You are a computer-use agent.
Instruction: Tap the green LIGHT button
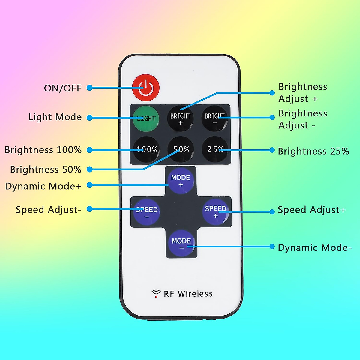(146, 118)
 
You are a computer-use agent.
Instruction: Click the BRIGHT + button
(180, 118)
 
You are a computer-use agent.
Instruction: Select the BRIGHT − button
(214, 118)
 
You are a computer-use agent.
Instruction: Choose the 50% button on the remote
(181, 149)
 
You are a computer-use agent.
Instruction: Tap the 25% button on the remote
(215, 149)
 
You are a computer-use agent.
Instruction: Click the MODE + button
(181, 180)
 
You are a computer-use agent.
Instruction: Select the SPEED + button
(215, 211)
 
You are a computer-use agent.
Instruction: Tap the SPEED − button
(147, 211)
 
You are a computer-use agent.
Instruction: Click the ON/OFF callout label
(63, 88)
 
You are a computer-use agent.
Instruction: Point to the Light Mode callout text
(55, 117)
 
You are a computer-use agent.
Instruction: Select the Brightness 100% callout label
(43, 150)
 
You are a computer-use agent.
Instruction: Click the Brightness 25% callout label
(313, 151)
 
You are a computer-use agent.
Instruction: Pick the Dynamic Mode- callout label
(315, 248)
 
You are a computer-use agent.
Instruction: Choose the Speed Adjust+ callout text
(312, 210)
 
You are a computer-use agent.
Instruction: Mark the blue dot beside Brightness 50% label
(89, 169)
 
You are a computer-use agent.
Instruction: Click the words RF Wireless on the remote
(188, 294)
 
